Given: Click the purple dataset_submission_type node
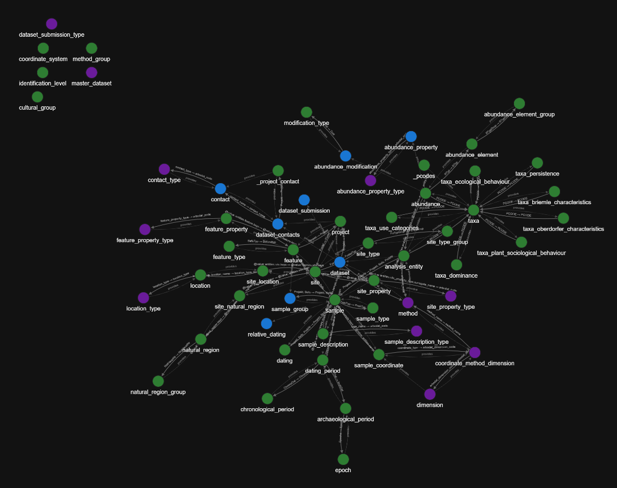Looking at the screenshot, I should pos(51,24).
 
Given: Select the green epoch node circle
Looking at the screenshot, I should pos(343,459).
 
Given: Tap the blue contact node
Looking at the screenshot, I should pos(221,188).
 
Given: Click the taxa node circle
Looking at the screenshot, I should pos(474,210).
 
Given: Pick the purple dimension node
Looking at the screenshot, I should pos(430,394).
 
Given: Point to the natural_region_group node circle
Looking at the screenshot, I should pos(158,381).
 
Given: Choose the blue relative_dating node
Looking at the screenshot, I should pos(266,323).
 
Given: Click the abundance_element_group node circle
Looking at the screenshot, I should pos(519,103).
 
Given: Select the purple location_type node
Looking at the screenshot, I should pos(144,297).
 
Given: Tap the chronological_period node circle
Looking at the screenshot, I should pos(267,399).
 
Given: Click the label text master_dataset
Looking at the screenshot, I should pos(91,83).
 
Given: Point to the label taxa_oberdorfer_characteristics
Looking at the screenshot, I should pos(563,229).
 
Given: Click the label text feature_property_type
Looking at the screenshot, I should pos(145,240).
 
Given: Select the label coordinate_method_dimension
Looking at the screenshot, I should pos(474,363).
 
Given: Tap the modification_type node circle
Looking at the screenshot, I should pos(307,112).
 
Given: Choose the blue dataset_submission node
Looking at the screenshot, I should pos(304,200).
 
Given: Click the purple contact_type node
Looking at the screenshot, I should pos(164,169).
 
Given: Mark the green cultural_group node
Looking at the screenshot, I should pos(37,97).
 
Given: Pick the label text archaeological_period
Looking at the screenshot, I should pos(346,419).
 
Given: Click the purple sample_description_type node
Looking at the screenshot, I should pos(416,331).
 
